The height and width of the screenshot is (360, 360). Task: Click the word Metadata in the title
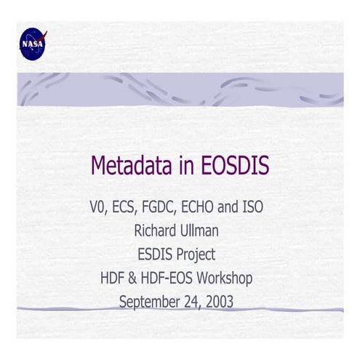pos(130,166)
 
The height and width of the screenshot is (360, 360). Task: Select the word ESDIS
pos(157,254)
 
